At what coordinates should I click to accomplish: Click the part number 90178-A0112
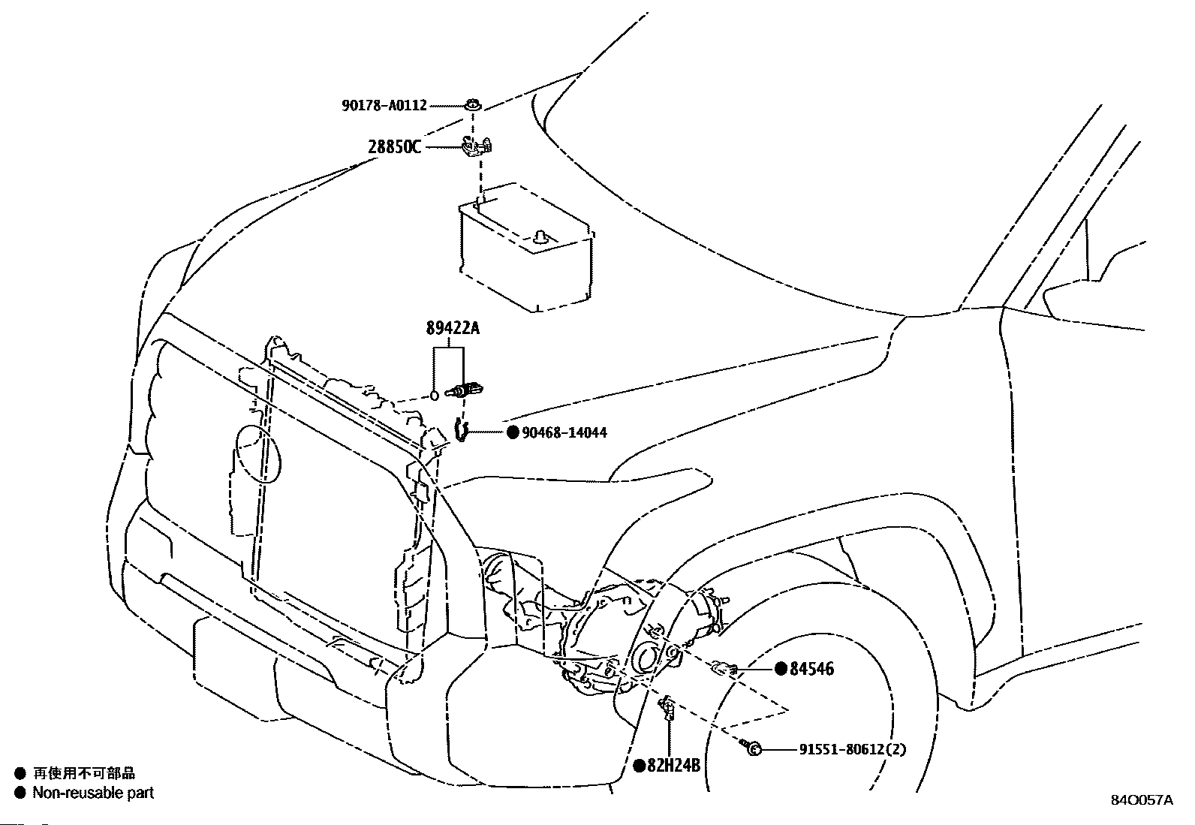coord(384,106)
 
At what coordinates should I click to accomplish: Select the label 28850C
coord(394,146)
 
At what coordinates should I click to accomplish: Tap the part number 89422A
coord(453,328)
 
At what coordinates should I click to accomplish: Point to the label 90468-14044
coord(564,432)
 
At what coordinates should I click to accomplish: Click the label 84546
coord(811,669)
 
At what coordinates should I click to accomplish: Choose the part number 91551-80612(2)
coord(853,750)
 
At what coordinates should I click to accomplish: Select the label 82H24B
coord(673,766)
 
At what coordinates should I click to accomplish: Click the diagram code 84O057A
coord(1142,800)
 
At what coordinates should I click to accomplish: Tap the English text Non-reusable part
coord(93,793)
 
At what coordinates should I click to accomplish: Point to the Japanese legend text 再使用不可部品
coord(84,773)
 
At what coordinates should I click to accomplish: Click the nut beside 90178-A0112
coord(473,104)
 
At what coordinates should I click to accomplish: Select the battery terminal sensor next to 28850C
coord(476,146)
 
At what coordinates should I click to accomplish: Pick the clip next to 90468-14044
coord(460,431)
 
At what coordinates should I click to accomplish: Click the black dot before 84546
coord(781,669)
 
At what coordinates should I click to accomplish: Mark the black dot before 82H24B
coord(639,766)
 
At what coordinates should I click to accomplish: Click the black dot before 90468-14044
coord(513,432)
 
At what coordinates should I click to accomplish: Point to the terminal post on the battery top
coord(540,237)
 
